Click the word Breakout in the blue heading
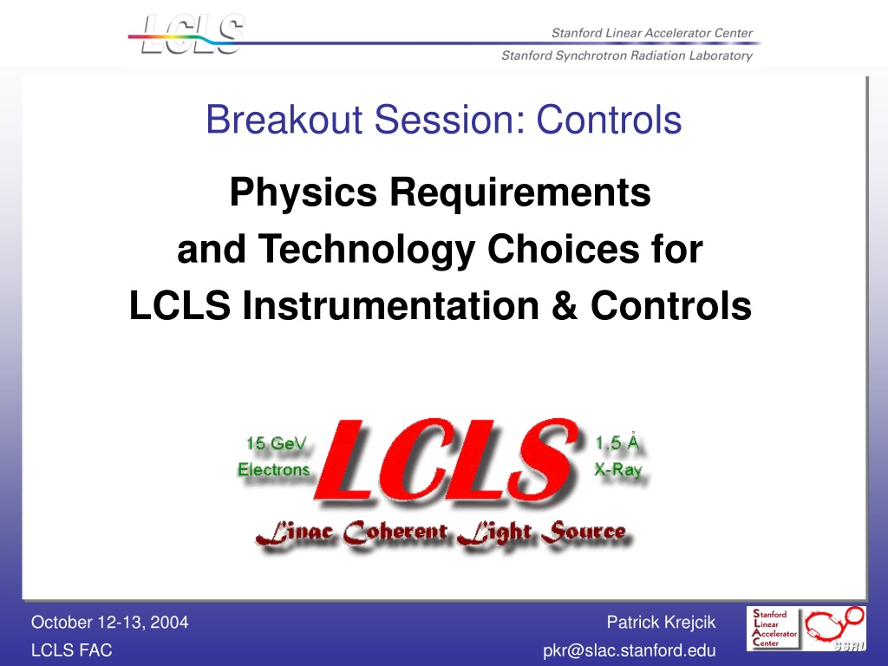[x=284, y=120]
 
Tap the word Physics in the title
[x=303, y=193]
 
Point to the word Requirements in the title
[x=520, y=193]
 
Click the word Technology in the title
[x=367, y=250]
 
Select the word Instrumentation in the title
[x=390, y=306]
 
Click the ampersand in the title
[x=564, y=306]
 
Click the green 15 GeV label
[x=277, y=443]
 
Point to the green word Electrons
[x=273, y=469]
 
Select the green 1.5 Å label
[x=617, y=441]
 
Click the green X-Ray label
[x=617, y=469]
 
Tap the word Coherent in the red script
[x=395, y=532]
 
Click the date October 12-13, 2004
[x=110, y=623]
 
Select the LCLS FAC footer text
[x=71, y=650]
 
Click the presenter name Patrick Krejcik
[x=661, y=623]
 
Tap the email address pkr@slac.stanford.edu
[x=630, y=650]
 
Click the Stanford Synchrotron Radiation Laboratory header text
[x=627, y=55]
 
